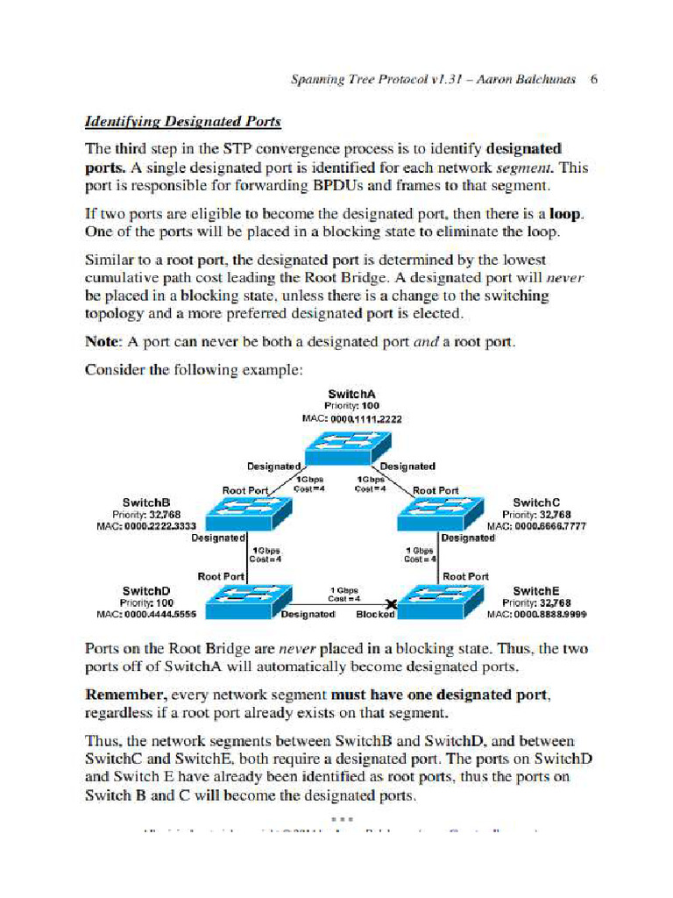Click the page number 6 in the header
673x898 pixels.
click(x=594, y=80)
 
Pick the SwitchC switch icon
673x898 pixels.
click(x=440, y=513)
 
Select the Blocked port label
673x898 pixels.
click(x=375, y=614)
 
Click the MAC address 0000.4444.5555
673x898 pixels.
click(x=145, y=614)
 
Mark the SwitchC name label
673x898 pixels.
click(x=536, y=502)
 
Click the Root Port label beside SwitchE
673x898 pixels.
click(x=466, y=576)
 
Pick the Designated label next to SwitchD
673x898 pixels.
click(x=308, y=614)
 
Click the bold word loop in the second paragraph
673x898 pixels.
click(x=565, y=213)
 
